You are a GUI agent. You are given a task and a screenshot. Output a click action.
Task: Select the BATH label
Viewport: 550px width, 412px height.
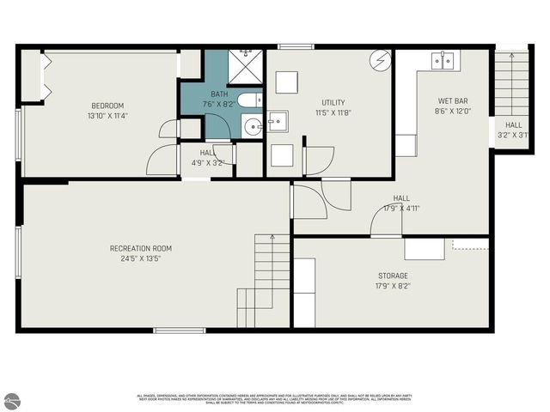pyautogui.click(x=220, y=94)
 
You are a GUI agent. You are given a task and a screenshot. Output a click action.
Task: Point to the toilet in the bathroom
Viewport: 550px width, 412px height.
pyautogui.click(x=249, y=101)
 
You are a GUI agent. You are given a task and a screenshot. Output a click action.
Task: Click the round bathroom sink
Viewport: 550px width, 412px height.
pyautogui.click(x=252, y=128)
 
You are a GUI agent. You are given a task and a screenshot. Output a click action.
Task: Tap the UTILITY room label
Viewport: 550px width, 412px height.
pyautogui.click(x=333, y=102)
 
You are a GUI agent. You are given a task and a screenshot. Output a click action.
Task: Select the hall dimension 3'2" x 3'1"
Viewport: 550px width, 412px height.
pyautogui.click(x=513, y=135)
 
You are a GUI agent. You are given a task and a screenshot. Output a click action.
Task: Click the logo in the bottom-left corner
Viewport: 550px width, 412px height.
pyautogui.click(x=11, y=400)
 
